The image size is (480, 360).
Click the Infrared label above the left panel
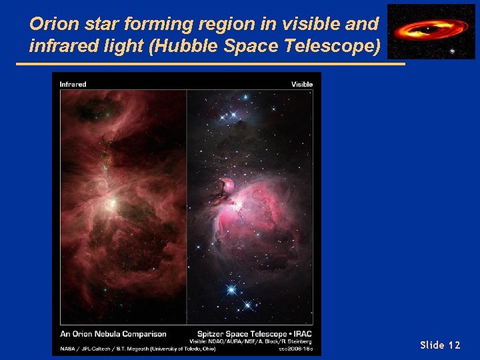tap(73, 84)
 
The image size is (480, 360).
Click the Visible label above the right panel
tap(301, 84)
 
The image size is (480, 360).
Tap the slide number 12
tap(454, 345)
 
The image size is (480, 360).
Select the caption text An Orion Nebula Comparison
tap(113, 333)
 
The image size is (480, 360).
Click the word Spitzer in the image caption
tap(212, 333)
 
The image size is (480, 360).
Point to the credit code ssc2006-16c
tap(296, 348)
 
